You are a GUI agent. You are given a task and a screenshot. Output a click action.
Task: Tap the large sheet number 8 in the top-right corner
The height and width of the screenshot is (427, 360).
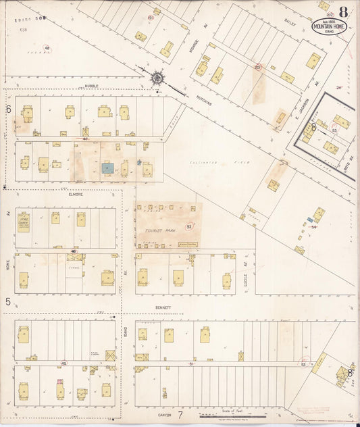tap(344, 11)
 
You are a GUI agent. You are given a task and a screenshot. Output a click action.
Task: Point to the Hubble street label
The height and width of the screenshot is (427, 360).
tap(92, 86)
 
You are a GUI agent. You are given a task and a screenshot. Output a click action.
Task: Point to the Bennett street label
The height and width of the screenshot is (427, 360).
tap(163, 307)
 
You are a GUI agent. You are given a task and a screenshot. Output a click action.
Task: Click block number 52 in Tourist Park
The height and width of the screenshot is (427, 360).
tap(189, 226)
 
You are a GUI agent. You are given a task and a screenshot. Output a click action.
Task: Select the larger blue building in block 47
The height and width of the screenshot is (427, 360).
tap(107, 167)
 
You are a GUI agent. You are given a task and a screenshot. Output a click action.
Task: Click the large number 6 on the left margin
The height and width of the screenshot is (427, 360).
tap(9, 109)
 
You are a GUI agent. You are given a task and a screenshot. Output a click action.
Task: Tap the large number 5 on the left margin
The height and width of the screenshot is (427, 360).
tap(8, 301)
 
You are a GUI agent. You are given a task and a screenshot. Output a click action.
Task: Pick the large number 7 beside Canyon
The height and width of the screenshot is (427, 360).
tap(180, 415)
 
